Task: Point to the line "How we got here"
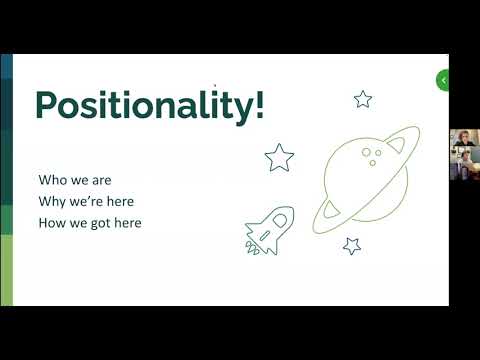[89, 222]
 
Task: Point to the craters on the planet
[372, 155]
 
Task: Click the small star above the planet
[363, 98]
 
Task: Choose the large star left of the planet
[279, 157]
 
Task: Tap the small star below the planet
[352, 245]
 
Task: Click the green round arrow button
[443, 80]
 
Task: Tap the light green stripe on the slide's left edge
[6, 270]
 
